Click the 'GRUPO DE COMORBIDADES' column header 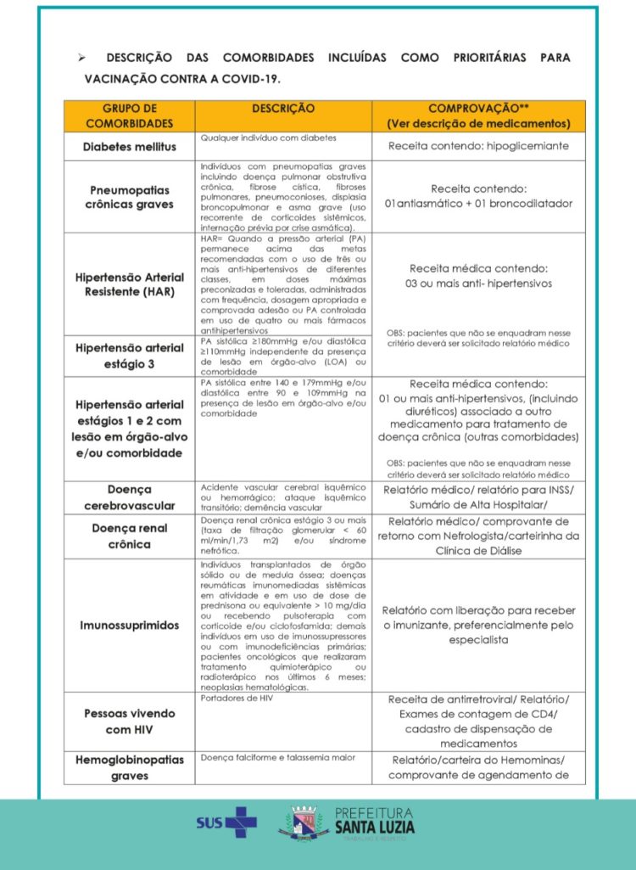click(x=129, y=115)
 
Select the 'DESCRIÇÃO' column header click(x=282, y=109)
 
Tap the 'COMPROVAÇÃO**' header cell click(x=478, y=115)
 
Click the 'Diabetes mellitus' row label click(x=129, y=147)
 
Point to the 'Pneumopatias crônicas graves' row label click(x=129, y=197)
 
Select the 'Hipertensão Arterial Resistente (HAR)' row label click(x=129, y=284)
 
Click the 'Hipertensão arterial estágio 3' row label click(x=129, y=356)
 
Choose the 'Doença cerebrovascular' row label click(x=129, y=497)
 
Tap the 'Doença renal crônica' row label click(x=129, y=536)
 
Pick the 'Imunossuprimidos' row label click(x=129, y=625)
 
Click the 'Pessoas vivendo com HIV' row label click(x=129, y=721)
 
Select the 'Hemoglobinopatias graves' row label click(x=129, y=767)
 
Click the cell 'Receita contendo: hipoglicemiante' click(x=478, y=146)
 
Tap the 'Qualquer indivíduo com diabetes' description click(x=268, y=138)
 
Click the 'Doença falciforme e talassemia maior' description click(x=277, y=757)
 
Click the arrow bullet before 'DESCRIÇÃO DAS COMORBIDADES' click(x=82, y=58)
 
